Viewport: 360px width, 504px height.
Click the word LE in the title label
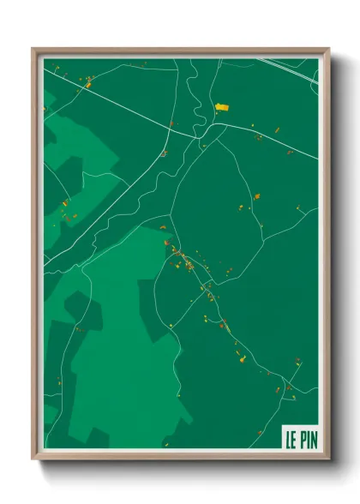tap(291, 439)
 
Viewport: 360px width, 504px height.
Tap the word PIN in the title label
tap(307, 439)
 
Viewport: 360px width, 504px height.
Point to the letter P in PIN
tap(301, 439)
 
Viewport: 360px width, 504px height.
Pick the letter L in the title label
tap(289, 439)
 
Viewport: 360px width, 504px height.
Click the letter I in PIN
tap(306, 439)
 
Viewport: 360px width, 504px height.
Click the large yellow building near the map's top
tap(222, 107)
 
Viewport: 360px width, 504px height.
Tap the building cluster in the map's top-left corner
tap(87, 82)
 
